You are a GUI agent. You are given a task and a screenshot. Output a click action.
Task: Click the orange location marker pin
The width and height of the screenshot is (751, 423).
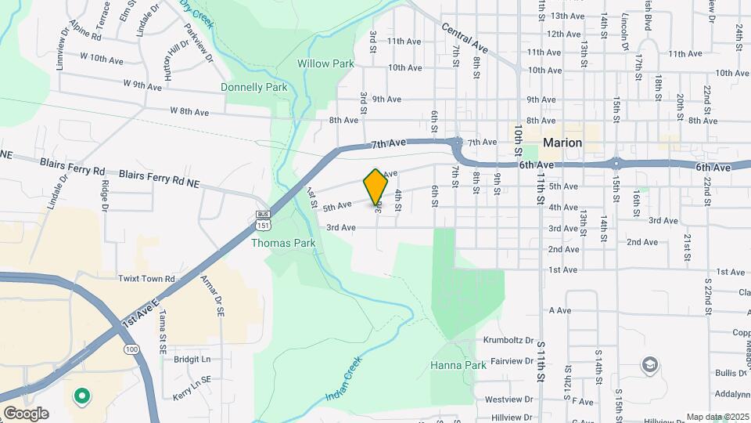375,188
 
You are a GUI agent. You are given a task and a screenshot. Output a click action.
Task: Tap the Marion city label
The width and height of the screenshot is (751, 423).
562,143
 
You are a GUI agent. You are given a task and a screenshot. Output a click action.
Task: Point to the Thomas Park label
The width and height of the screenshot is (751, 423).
283,243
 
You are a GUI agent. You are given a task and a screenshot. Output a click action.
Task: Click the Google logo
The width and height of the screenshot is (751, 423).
26,414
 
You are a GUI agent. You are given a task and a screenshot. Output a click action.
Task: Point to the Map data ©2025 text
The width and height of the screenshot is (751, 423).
717,417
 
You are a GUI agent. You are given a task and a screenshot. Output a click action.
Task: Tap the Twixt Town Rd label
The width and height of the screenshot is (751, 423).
146,278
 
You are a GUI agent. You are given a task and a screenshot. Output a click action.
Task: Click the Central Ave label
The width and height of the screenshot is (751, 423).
464,38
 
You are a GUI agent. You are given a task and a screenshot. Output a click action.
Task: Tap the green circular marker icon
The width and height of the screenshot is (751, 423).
81,397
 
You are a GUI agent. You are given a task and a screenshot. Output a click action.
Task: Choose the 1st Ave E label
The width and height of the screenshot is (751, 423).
140,313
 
